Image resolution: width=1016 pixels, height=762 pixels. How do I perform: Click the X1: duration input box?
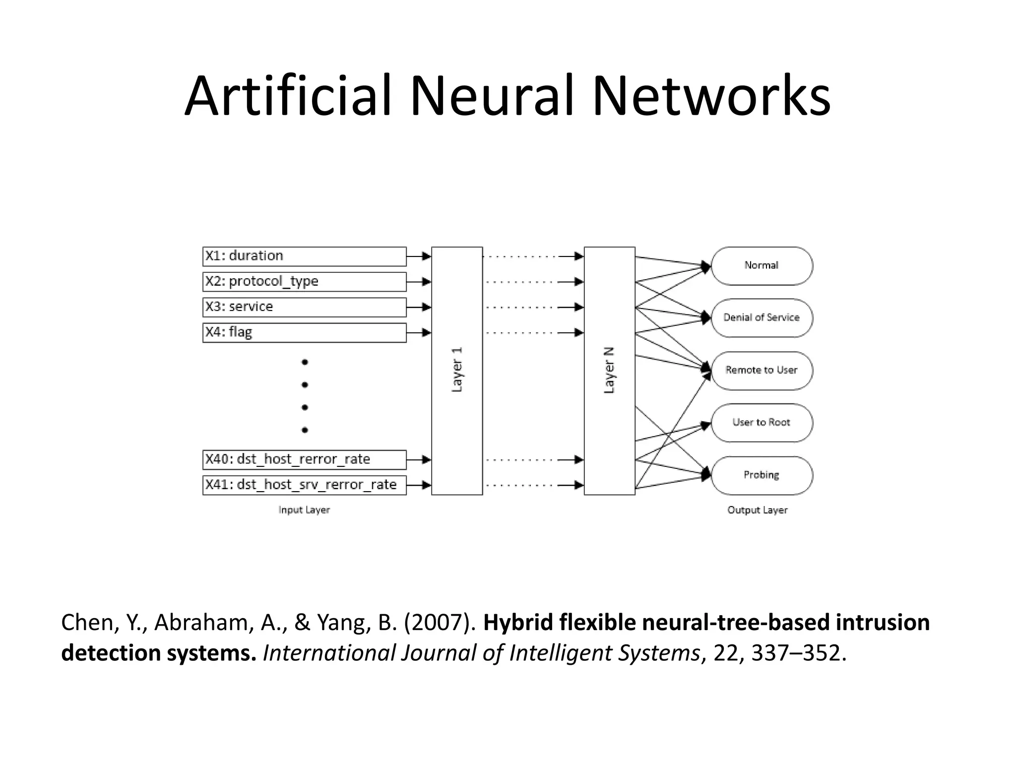click(x=304, y=256)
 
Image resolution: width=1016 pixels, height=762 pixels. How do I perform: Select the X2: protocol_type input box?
click(x=304, y=281)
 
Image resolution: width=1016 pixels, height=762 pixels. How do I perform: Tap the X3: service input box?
click(x=304, y=307)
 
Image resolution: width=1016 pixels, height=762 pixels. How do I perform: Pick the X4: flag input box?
click(x=304, y=332)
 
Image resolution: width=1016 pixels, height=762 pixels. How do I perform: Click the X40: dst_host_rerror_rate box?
click(x=304, y=459)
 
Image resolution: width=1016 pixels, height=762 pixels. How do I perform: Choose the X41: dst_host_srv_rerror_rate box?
click(x=304, y=485)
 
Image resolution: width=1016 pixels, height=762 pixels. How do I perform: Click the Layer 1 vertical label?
click(x=457, y=370)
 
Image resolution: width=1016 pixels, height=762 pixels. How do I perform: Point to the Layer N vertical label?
click(x=609, y=370)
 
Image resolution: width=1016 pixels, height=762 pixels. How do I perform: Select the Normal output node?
click(x=762, y=266)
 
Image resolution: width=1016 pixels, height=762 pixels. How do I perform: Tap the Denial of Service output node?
click(x=762, y=317)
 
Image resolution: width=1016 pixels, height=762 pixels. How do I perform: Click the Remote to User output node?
click(x=762, y=370)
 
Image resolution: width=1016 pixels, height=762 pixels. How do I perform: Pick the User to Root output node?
click(x=762, y=423)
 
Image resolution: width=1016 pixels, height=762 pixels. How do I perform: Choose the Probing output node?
click(x=762, y=475)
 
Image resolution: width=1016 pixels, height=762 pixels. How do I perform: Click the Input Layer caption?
click(x=304, y=510)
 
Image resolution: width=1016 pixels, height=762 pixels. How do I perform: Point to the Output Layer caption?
click(x=757, y=510)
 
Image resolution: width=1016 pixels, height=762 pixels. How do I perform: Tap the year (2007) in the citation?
click(x=440, y=623)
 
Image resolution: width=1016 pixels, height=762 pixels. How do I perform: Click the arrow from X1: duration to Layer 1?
click(x=419, y=256)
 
